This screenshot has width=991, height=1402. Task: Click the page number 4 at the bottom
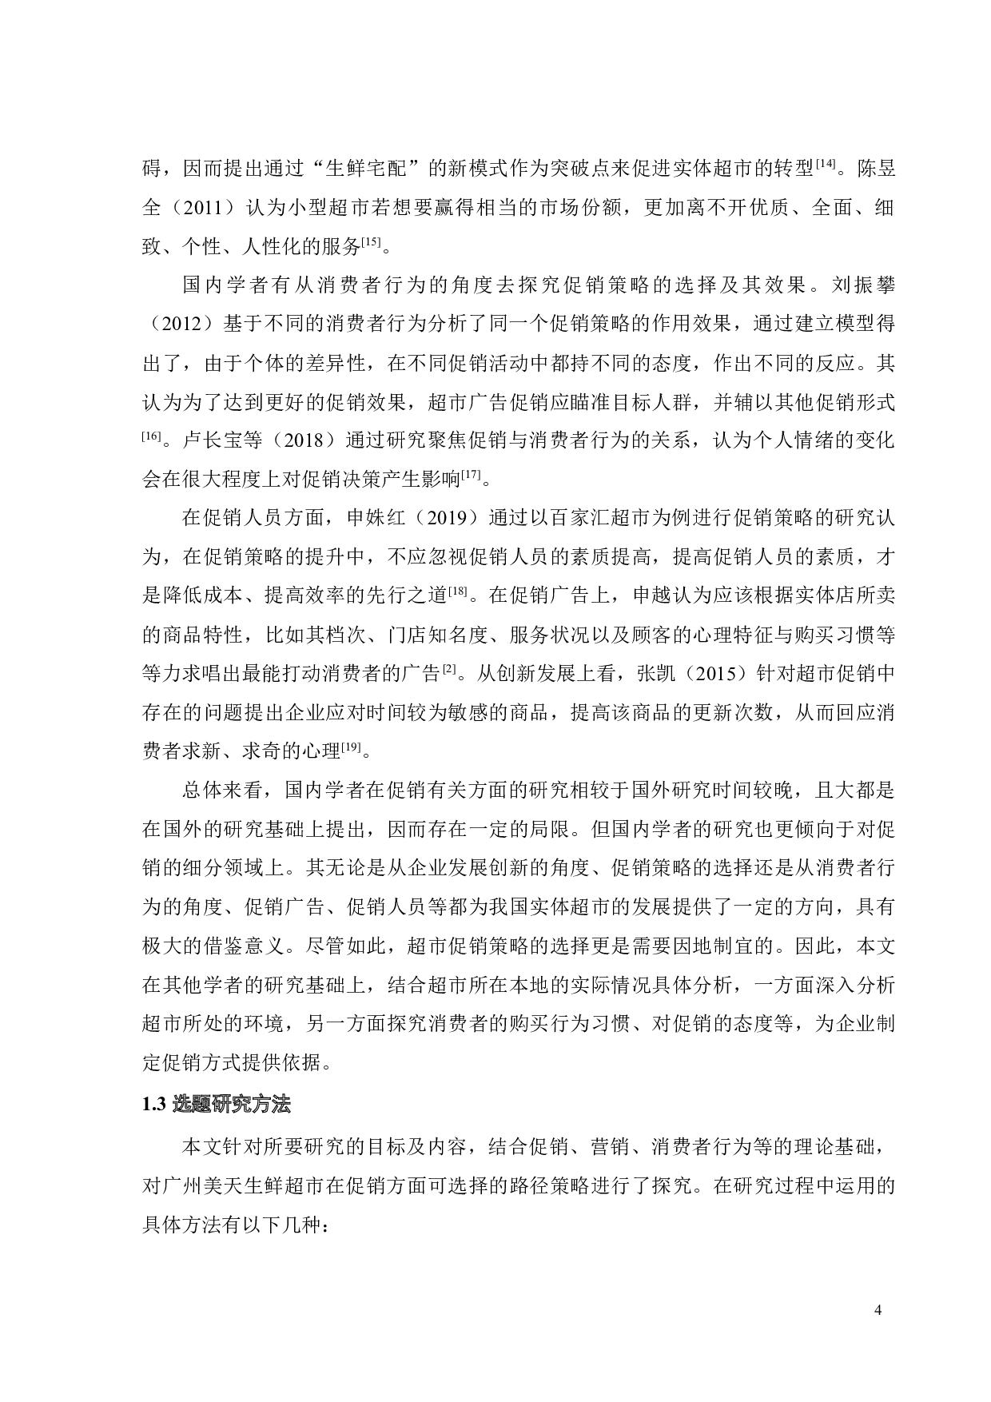tap(879, 1310)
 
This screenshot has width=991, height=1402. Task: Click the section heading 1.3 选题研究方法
tap(217, 1105)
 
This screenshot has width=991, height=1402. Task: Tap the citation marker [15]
tap(372, 241)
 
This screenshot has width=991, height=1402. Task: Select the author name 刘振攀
tap(865, 286)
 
